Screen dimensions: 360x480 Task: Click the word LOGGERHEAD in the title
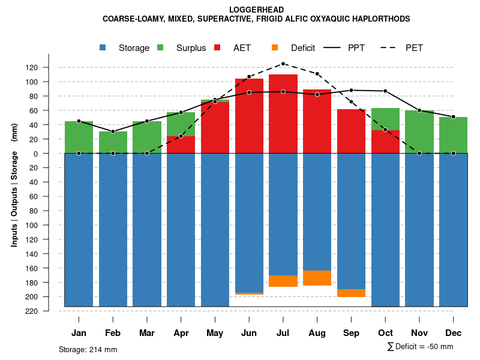pyautogui.click(x=256, y=10)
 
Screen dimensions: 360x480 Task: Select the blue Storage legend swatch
pyautogui.click(x=103, y=47)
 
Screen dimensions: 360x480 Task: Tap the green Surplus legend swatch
pyautogui.click(x=160, y=47)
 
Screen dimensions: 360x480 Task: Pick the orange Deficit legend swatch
pyautogui.click(x=275, y=47)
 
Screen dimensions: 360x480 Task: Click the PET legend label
pyautogui.click(x=414, y=48)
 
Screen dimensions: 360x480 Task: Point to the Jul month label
pyautogui.click(x=283, y=333)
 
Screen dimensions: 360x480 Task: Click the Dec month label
pyautogui.click(x=453, y=333)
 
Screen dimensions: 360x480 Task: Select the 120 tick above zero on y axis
pyautogui.click(x=49, y=67)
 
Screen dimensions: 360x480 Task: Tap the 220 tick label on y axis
pyautogui.click(x=49, y=311)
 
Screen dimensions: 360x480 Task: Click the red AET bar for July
pyautogui.click(x=283, y=114)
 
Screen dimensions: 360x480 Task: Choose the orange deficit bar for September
pyautogui.click(x=351, y=293)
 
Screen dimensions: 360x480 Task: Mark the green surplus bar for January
pyautogui.click(x=79, y=137)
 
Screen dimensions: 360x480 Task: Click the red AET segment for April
pyautogui.click(x=181, y=145)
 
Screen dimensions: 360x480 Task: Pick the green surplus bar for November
pyautogui.click(x=419, y=132)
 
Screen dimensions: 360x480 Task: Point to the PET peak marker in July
pyautogui.click(x=283, y=64)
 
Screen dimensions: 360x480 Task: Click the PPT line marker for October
pyautogui.click(x=385, y=91)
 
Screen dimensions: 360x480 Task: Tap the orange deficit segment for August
pyautogui.click(x=317, y=278)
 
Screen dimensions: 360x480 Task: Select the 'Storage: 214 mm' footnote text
pyautogui.click(x=88, y=349)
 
